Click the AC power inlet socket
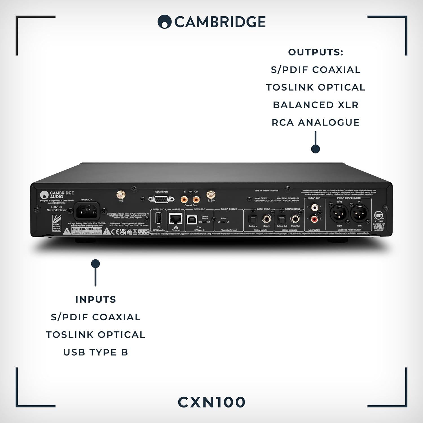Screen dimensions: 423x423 pos(87,211)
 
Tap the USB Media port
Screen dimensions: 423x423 pos(158,219)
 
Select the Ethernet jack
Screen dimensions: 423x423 pos(175,218)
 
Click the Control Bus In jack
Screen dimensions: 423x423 pos(185,200)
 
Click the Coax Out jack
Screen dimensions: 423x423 pos(295,219)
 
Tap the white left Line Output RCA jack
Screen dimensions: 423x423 pos(314,208)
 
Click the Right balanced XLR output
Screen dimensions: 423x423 pos(339,214)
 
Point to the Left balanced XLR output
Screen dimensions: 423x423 pos(360,214)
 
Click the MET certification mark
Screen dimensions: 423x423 pos(378,215)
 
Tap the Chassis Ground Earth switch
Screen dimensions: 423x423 pos(223,222)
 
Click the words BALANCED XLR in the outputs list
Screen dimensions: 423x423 pos(316,105)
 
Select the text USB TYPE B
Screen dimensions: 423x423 pos(96,352)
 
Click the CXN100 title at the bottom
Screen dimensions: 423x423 pos(211,402)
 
